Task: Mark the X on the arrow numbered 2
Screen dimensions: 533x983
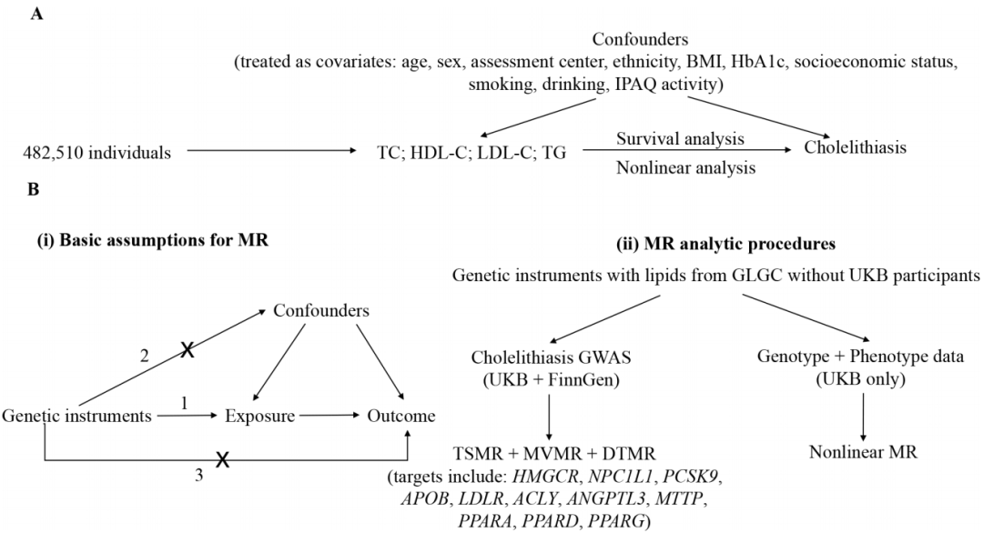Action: click(187, 350)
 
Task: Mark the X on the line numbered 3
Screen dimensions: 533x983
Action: click(219, 462)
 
